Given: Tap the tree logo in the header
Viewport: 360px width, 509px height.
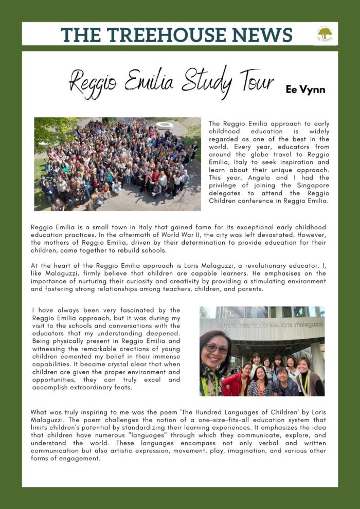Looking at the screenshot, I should point(325,34).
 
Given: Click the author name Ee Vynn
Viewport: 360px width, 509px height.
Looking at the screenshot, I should point(305,89).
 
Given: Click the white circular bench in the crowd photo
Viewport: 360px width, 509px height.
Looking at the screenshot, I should point(165,125).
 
